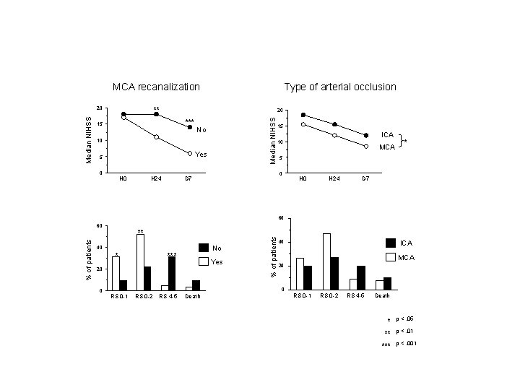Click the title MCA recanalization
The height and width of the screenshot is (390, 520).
coord(156,87)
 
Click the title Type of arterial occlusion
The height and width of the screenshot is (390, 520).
coord(339,87)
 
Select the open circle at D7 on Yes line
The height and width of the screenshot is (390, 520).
coord(189,153)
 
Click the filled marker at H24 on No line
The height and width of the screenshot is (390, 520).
coord(156,114)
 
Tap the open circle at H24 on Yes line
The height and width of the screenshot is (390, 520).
coord(156,136)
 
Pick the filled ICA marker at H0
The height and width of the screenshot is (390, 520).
coord(303,115)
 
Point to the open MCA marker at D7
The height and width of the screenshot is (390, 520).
coord(366,147)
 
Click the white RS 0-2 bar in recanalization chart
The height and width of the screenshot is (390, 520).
coord(140,262)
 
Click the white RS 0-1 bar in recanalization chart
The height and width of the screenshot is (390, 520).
coord(116,274)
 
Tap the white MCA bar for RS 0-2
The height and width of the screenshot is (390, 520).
coord(326,261)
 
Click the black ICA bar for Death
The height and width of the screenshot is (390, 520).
coord(387,283)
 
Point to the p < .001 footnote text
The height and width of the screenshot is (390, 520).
coord(406,344)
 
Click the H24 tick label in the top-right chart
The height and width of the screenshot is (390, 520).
coord(334,177)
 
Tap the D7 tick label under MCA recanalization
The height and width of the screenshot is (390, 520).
coord(188,177)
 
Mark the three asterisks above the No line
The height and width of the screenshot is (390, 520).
coord(189,121)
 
